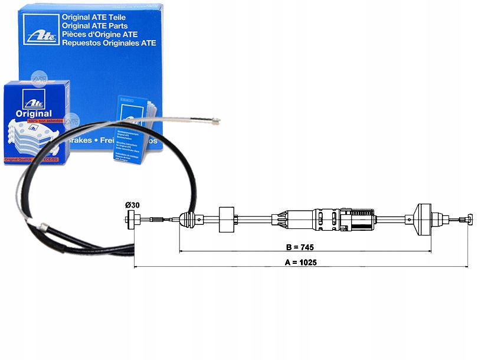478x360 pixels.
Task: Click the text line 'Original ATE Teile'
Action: point(100,17)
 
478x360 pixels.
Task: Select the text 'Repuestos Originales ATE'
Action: point(109,42)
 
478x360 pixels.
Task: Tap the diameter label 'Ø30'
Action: point(132,205)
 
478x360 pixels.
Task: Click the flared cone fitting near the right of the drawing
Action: point(425,219)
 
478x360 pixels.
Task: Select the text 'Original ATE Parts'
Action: point(101,25)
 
